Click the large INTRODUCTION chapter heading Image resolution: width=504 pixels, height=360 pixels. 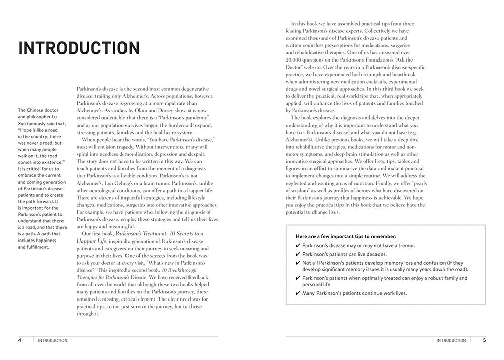pyautogui.click(x=79, y=48)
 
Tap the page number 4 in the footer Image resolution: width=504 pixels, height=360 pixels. pyautogui.click(x=20, y=340)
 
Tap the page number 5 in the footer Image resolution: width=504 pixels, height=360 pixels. pyautogui.click(x=484, y=340)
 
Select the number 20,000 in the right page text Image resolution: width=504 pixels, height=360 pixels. pyautogui.click(x=296, y=58)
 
